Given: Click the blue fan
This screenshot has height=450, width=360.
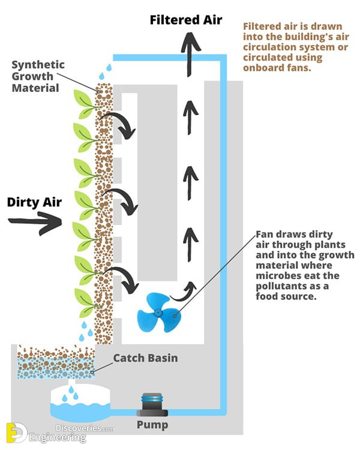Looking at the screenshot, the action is pos(158,313).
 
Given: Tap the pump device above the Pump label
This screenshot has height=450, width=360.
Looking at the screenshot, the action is pos(152,404).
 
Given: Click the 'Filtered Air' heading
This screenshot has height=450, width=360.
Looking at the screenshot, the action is pos(186,20).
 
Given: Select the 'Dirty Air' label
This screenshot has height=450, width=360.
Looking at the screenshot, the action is pos(34,202).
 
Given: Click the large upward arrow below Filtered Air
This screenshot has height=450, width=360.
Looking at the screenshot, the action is pos(191,55).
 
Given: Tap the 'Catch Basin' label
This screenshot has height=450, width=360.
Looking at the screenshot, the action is pos(146,358).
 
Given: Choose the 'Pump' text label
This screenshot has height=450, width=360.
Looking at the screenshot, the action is pos(152,425).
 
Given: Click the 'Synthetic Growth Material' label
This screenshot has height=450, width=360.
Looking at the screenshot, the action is pos(38,76).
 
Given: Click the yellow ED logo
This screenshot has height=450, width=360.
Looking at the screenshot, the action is pos(17,432).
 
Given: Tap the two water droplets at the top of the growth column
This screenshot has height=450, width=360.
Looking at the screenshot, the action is pos(106,71).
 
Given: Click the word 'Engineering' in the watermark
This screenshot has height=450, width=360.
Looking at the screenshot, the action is pos(58,438).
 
